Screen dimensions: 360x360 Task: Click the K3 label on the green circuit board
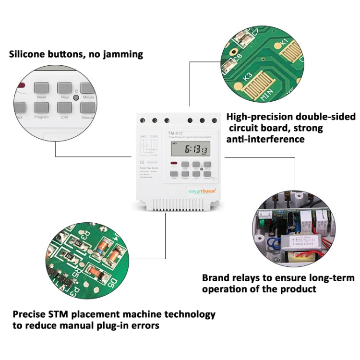coord(248,76)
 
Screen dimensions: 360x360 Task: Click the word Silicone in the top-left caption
coord(28,54)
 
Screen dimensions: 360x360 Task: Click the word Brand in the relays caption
coord(217,278)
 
